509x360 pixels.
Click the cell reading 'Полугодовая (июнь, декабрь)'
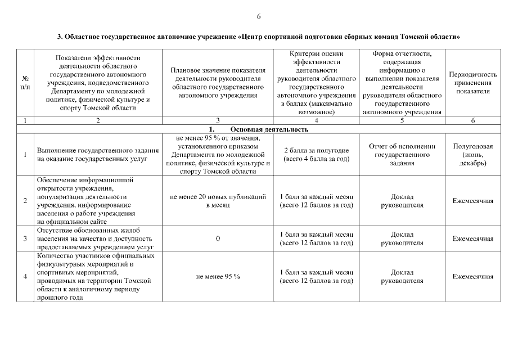point(472,155)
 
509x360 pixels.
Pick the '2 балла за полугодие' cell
point(316,155)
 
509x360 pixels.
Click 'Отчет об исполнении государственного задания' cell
point(402,155)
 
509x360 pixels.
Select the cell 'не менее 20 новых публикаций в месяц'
point(218,201)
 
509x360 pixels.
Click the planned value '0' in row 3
point(218,238)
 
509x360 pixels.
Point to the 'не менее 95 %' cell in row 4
point(218,277)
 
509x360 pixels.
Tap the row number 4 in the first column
point(25,277)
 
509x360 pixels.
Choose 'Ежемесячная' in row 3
point(472,238)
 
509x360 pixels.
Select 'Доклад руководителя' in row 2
point(402,201)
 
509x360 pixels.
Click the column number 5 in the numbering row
point(402,120)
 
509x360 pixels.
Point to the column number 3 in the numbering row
point(218,120)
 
